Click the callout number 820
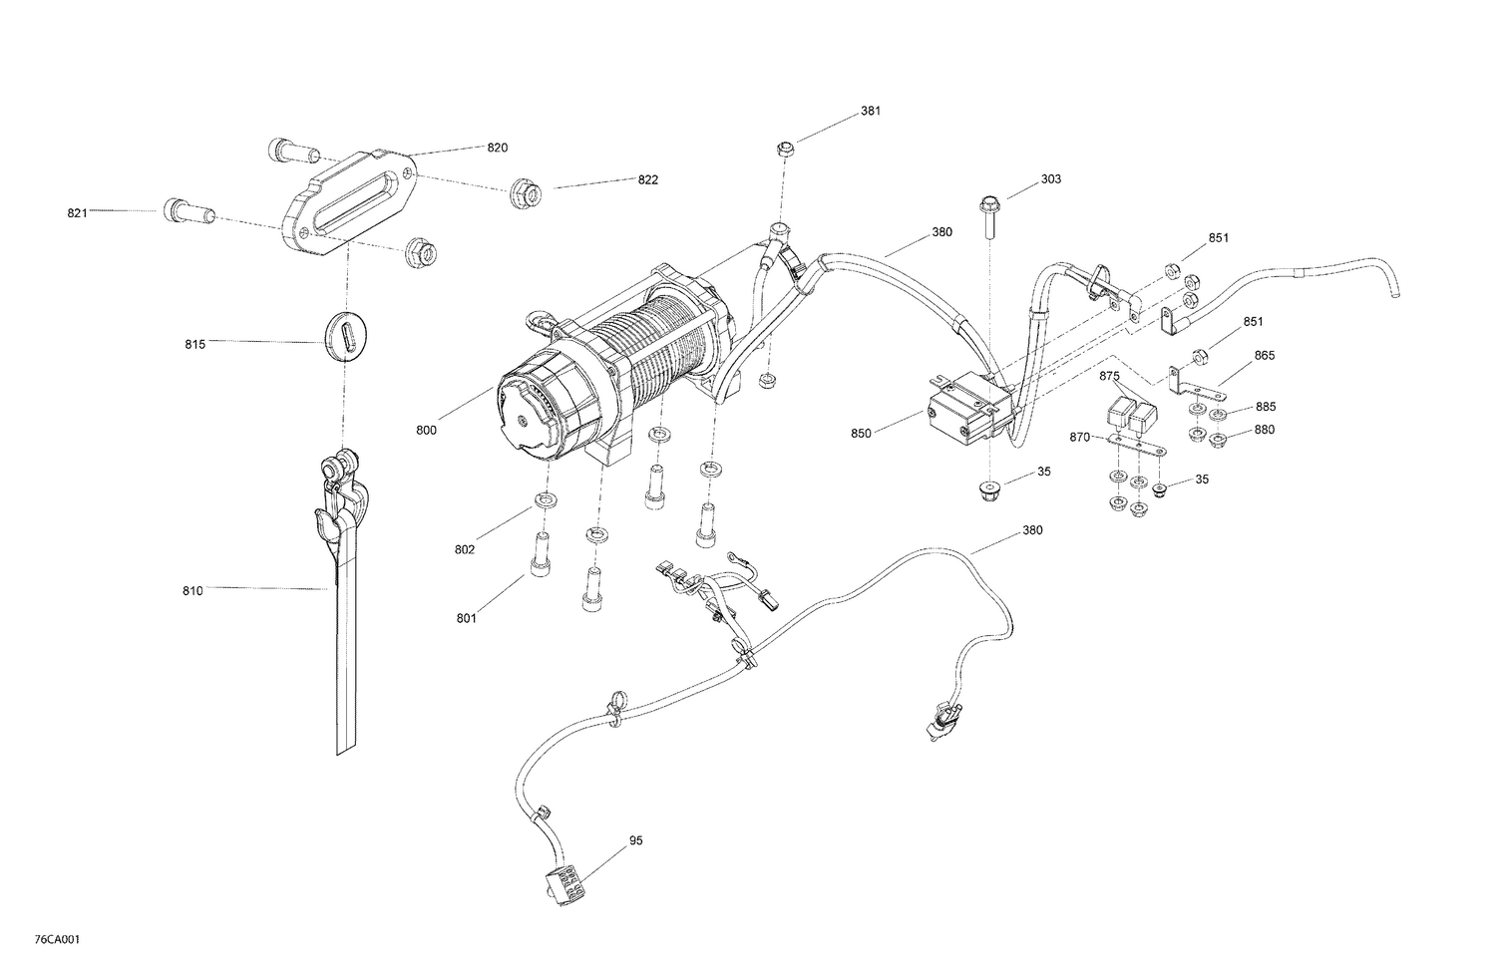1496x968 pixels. coord(497,148)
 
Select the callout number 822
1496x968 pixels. coord(648,180)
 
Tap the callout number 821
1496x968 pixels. coord(78,212)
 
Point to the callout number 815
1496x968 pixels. coord(194,345)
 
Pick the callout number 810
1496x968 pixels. coord(192,591)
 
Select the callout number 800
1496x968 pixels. coord(426,431)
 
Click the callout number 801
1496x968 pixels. coord(467,619)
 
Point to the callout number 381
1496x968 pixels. coord(871,112)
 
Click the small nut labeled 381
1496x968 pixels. coord(785,150)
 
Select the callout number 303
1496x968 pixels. coord(1050,179)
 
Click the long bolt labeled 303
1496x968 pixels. coord(994,215)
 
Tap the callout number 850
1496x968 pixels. coord(861,434)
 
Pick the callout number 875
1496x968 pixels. coord(1110,376)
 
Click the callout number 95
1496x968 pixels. coord(635,840)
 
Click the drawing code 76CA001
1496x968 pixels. coord(57,940)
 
